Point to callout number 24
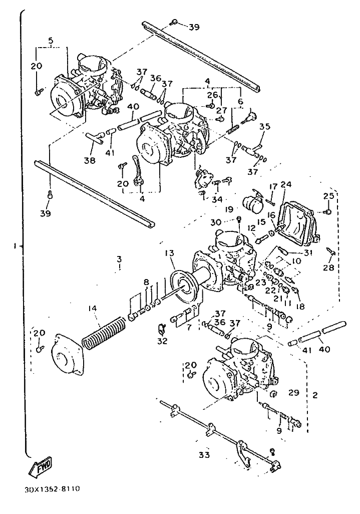coord(286,184)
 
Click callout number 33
coord(204,455)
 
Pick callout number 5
coord(51,40)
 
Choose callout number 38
coord(90,162)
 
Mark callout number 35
coord(264,127)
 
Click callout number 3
coord(119,259)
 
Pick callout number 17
coord(273,186)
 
